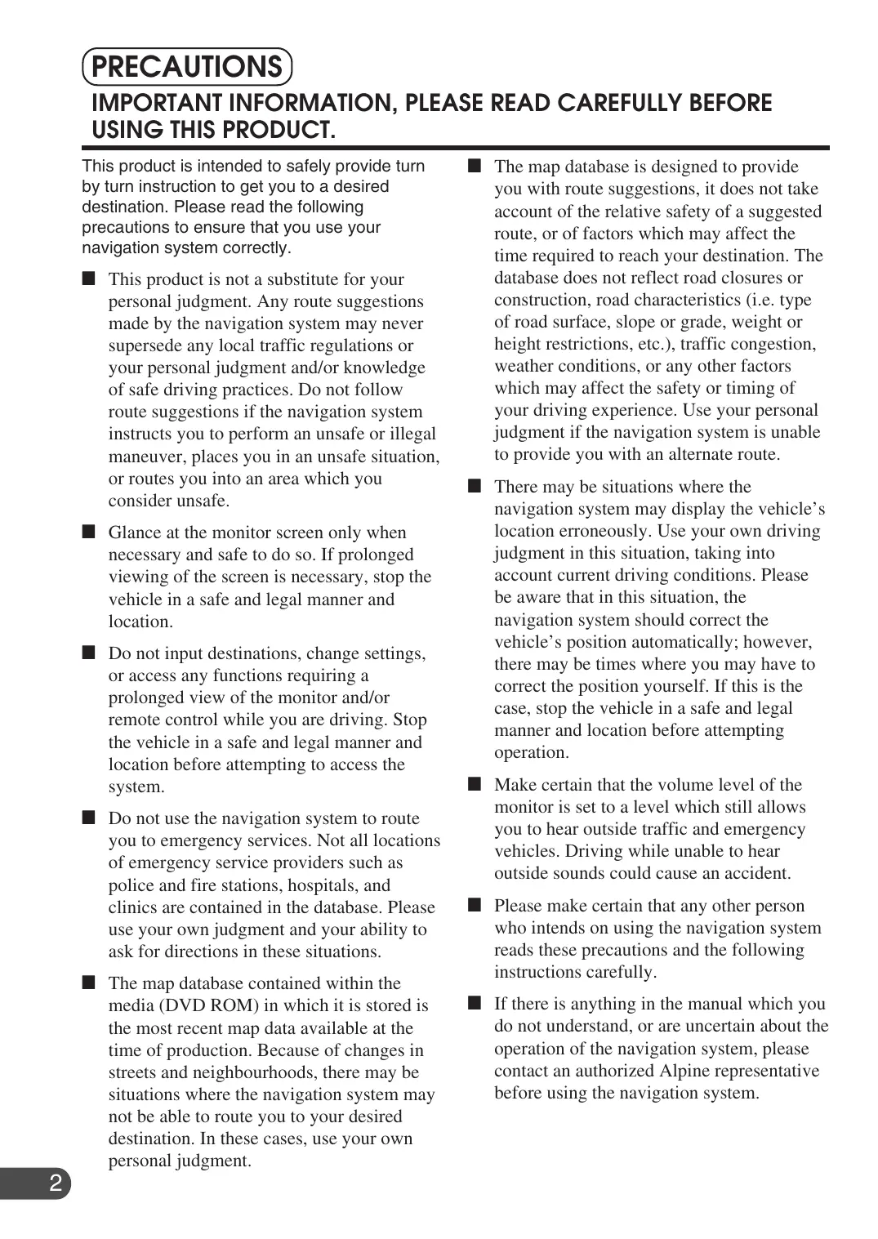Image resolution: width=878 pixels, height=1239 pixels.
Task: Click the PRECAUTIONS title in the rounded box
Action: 187,67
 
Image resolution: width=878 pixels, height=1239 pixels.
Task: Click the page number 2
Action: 56,1183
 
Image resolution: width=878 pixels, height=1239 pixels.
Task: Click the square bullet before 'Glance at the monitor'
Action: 89,533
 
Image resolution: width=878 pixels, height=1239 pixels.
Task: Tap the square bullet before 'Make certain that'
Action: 475,785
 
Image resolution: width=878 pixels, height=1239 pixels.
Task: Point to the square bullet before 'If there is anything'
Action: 475,1004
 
